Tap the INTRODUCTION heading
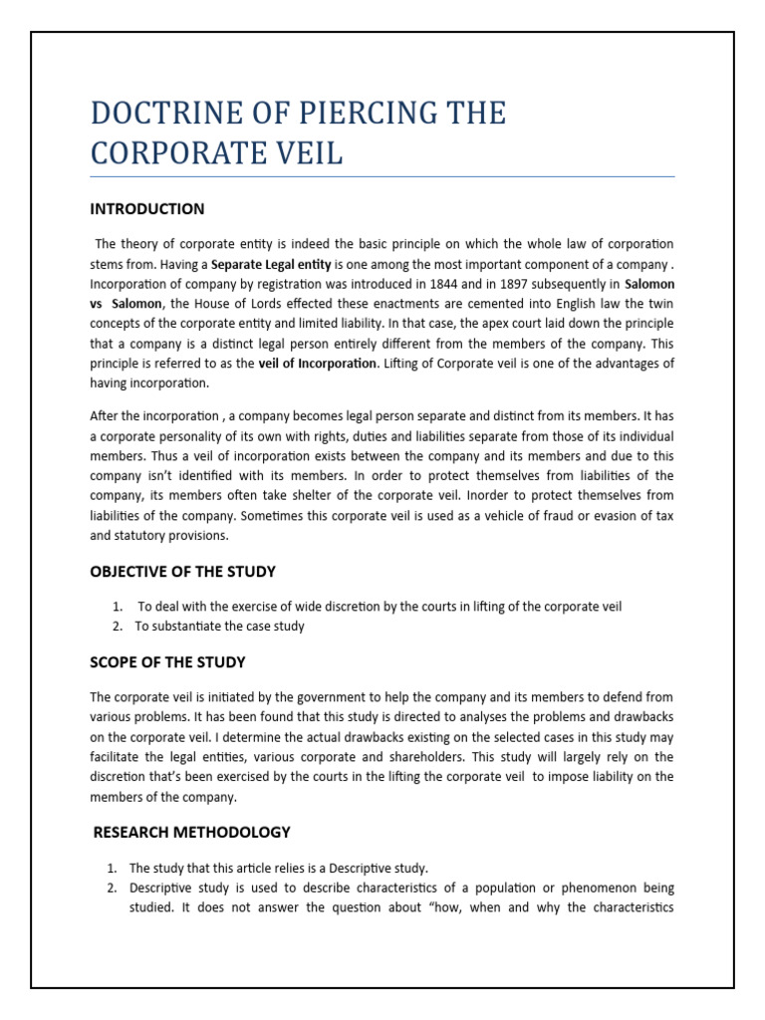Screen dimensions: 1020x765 coord(147,209)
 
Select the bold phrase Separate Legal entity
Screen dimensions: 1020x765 coord(271,264)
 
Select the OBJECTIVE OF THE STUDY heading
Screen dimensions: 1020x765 coord(183,572)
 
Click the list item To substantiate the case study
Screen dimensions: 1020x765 coord(219,627)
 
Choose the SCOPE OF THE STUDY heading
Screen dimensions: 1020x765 coord(167,662)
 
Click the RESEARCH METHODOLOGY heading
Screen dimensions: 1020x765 coord(191,832)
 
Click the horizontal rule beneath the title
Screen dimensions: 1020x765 coord(382,177)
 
